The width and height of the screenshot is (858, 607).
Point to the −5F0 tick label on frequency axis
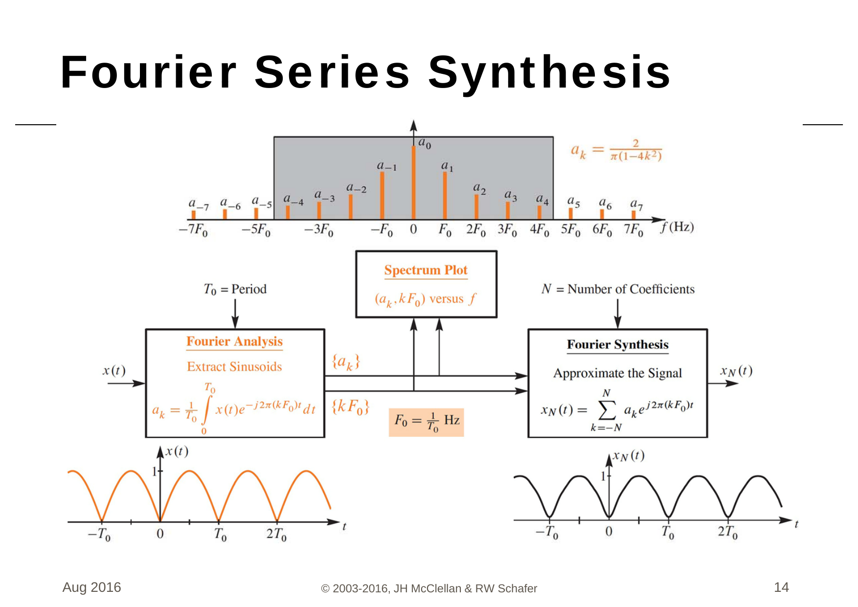pyautogui.click(x=256, y=229)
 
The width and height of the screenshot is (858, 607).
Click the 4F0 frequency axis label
pyautogui.click(x=539, y=229)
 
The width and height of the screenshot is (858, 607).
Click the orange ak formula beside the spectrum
pyautogui.click(x=616, y=150)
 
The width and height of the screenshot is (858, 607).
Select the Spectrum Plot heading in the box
pyautogui.click(x=426, y=270)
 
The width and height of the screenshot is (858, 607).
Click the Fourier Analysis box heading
pyautogui.click(x=234, y=341)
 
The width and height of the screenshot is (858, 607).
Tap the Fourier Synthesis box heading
pyautogui.click(x=617, y=344)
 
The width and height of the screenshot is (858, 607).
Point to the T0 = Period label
pyautogui.click(x=235, y=289)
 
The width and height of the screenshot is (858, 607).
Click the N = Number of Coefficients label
pyautogui.click(x=618, y=289)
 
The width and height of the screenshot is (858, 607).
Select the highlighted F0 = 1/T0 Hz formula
pyautogui.click(x=426, y=422)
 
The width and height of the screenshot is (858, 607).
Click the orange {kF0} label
pyautogui.click(x=350, y=407)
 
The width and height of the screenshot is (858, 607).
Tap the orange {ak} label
pyautogui.click(x=346, y=362)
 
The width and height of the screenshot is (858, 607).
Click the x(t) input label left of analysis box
pyautogui.click(x=114, y=371)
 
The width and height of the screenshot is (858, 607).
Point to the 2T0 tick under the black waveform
pyautogui.click(x=727, y=532)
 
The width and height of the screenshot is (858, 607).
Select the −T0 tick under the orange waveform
pyautogui.click(x=99, y=534)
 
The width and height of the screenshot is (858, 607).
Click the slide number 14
pyautogui.click(x=781, y=587)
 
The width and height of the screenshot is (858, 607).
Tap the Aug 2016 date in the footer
pyautogui.click(x=91, y=587)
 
